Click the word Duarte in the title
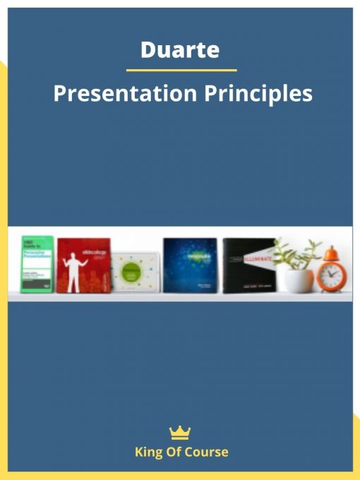tap(180, 51)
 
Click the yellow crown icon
tap(181, 433)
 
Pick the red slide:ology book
tap(84, 265)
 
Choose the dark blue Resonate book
tap(190, 264)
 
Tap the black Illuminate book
tap(248, 265)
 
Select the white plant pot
tap(298, 280)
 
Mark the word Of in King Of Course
tap(174, 452)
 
